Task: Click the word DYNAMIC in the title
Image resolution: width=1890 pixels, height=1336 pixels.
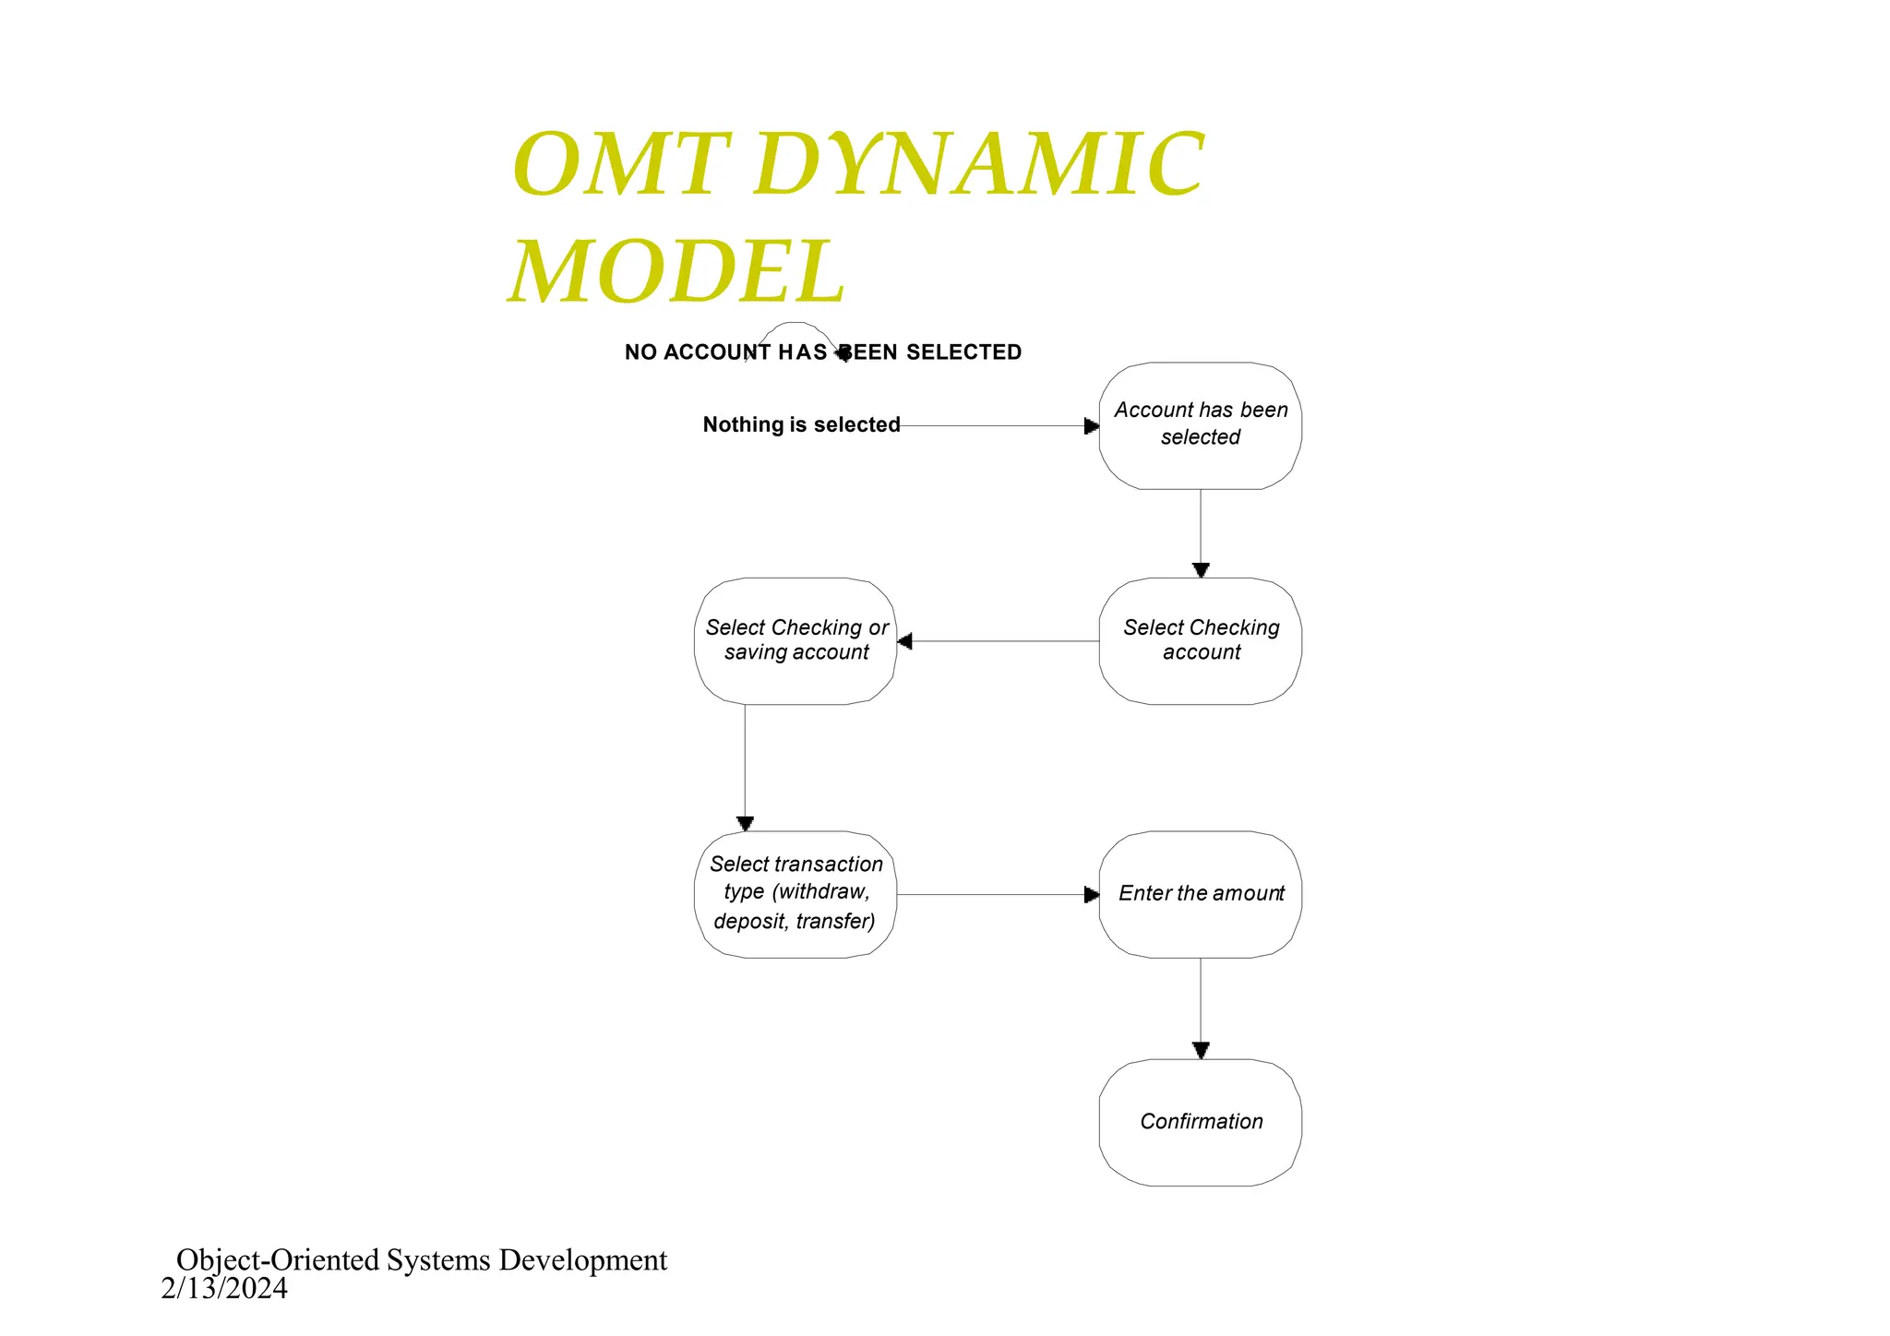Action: tap(978, 166)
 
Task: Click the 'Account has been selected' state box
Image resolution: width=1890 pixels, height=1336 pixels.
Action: tap(1200, 424)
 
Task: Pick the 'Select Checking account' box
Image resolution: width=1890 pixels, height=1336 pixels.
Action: tap(1200, 640)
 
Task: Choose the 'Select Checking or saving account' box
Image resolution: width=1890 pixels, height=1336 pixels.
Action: tap(795, 640)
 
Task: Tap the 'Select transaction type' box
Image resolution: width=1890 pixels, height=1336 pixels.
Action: tap(795, 893)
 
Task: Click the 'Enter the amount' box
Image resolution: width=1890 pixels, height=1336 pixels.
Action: tap(1200, 893)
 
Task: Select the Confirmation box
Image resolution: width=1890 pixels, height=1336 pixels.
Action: tap(1200, 1121)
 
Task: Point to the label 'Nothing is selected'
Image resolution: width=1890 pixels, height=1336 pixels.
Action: tap(801, 424)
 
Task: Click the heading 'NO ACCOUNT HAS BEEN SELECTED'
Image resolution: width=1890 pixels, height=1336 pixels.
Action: tap(822, 352)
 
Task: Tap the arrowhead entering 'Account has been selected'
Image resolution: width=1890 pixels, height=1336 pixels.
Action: tap(1092, 426)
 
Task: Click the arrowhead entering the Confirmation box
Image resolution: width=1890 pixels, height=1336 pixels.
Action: tap(1201, 1050)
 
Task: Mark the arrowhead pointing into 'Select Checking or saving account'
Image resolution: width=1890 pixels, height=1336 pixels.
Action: tap(905, 641)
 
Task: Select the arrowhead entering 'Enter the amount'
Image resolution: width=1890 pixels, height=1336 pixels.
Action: tap(1092, 894)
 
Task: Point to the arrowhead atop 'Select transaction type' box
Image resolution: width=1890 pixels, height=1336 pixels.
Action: tap(745, 823)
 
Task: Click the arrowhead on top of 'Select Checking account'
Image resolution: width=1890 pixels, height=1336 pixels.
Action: tap(1201, 570)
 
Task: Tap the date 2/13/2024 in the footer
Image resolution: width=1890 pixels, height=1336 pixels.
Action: tap(224, 1289)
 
